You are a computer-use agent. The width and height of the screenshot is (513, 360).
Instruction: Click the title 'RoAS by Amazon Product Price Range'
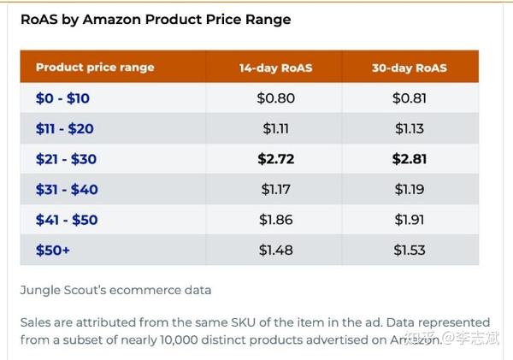[x=156, y=19]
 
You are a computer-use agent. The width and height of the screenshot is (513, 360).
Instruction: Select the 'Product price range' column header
[x=95, y=68]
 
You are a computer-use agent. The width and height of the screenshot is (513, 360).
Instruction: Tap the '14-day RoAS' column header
[x=275, y=68]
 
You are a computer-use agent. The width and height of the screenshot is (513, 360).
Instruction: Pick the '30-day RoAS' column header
[x=410, y=68]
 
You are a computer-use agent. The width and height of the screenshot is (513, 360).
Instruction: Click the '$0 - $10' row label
[x=62, y=98]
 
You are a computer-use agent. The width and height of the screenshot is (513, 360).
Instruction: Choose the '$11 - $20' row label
[x=64, y=129]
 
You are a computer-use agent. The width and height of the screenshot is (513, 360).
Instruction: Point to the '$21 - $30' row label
[x=66, y=159]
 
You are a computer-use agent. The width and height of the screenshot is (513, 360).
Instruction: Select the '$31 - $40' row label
[x=67, y=189]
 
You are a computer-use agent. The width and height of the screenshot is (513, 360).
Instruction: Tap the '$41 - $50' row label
[x=67, y=220]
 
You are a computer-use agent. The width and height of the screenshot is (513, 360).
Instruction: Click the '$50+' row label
[x=52, y=250]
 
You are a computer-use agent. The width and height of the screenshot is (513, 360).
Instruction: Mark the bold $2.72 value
[x=275, y=159]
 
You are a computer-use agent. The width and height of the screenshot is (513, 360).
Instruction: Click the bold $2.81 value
[x=410, y=159]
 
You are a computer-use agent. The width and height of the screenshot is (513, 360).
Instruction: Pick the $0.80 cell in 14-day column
[x=275, y=98]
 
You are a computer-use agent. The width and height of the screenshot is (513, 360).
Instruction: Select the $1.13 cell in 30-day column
[x=410, y=129]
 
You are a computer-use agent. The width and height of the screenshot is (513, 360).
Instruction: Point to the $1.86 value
[x=275, y=220]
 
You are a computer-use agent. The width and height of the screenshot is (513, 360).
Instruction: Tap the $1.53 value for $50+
[x=410, y=250]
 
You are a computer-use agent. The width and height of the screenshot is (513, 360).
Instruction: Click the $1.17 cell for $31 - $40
[x=275, y=189]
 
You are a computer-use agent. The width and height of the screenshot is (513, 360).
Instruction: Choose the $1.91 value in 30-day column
[x=410, y=220]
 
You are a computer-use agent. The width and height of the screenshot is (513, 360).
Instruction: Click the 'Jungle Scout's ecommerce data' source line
[x=115, y=290]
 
